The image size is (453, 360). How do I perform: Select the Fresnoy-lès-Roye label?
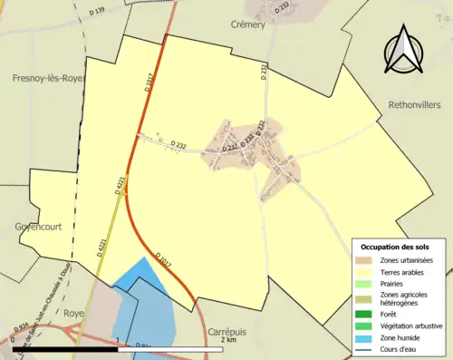(x=37, y=78)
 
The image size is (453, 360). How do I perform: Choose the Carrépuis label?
(x=227, y=332)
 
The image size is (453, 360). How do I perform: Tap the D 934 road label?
(x=19, y=331)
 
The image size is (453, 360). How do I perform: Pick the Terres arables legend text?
(x=407, y=271)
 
